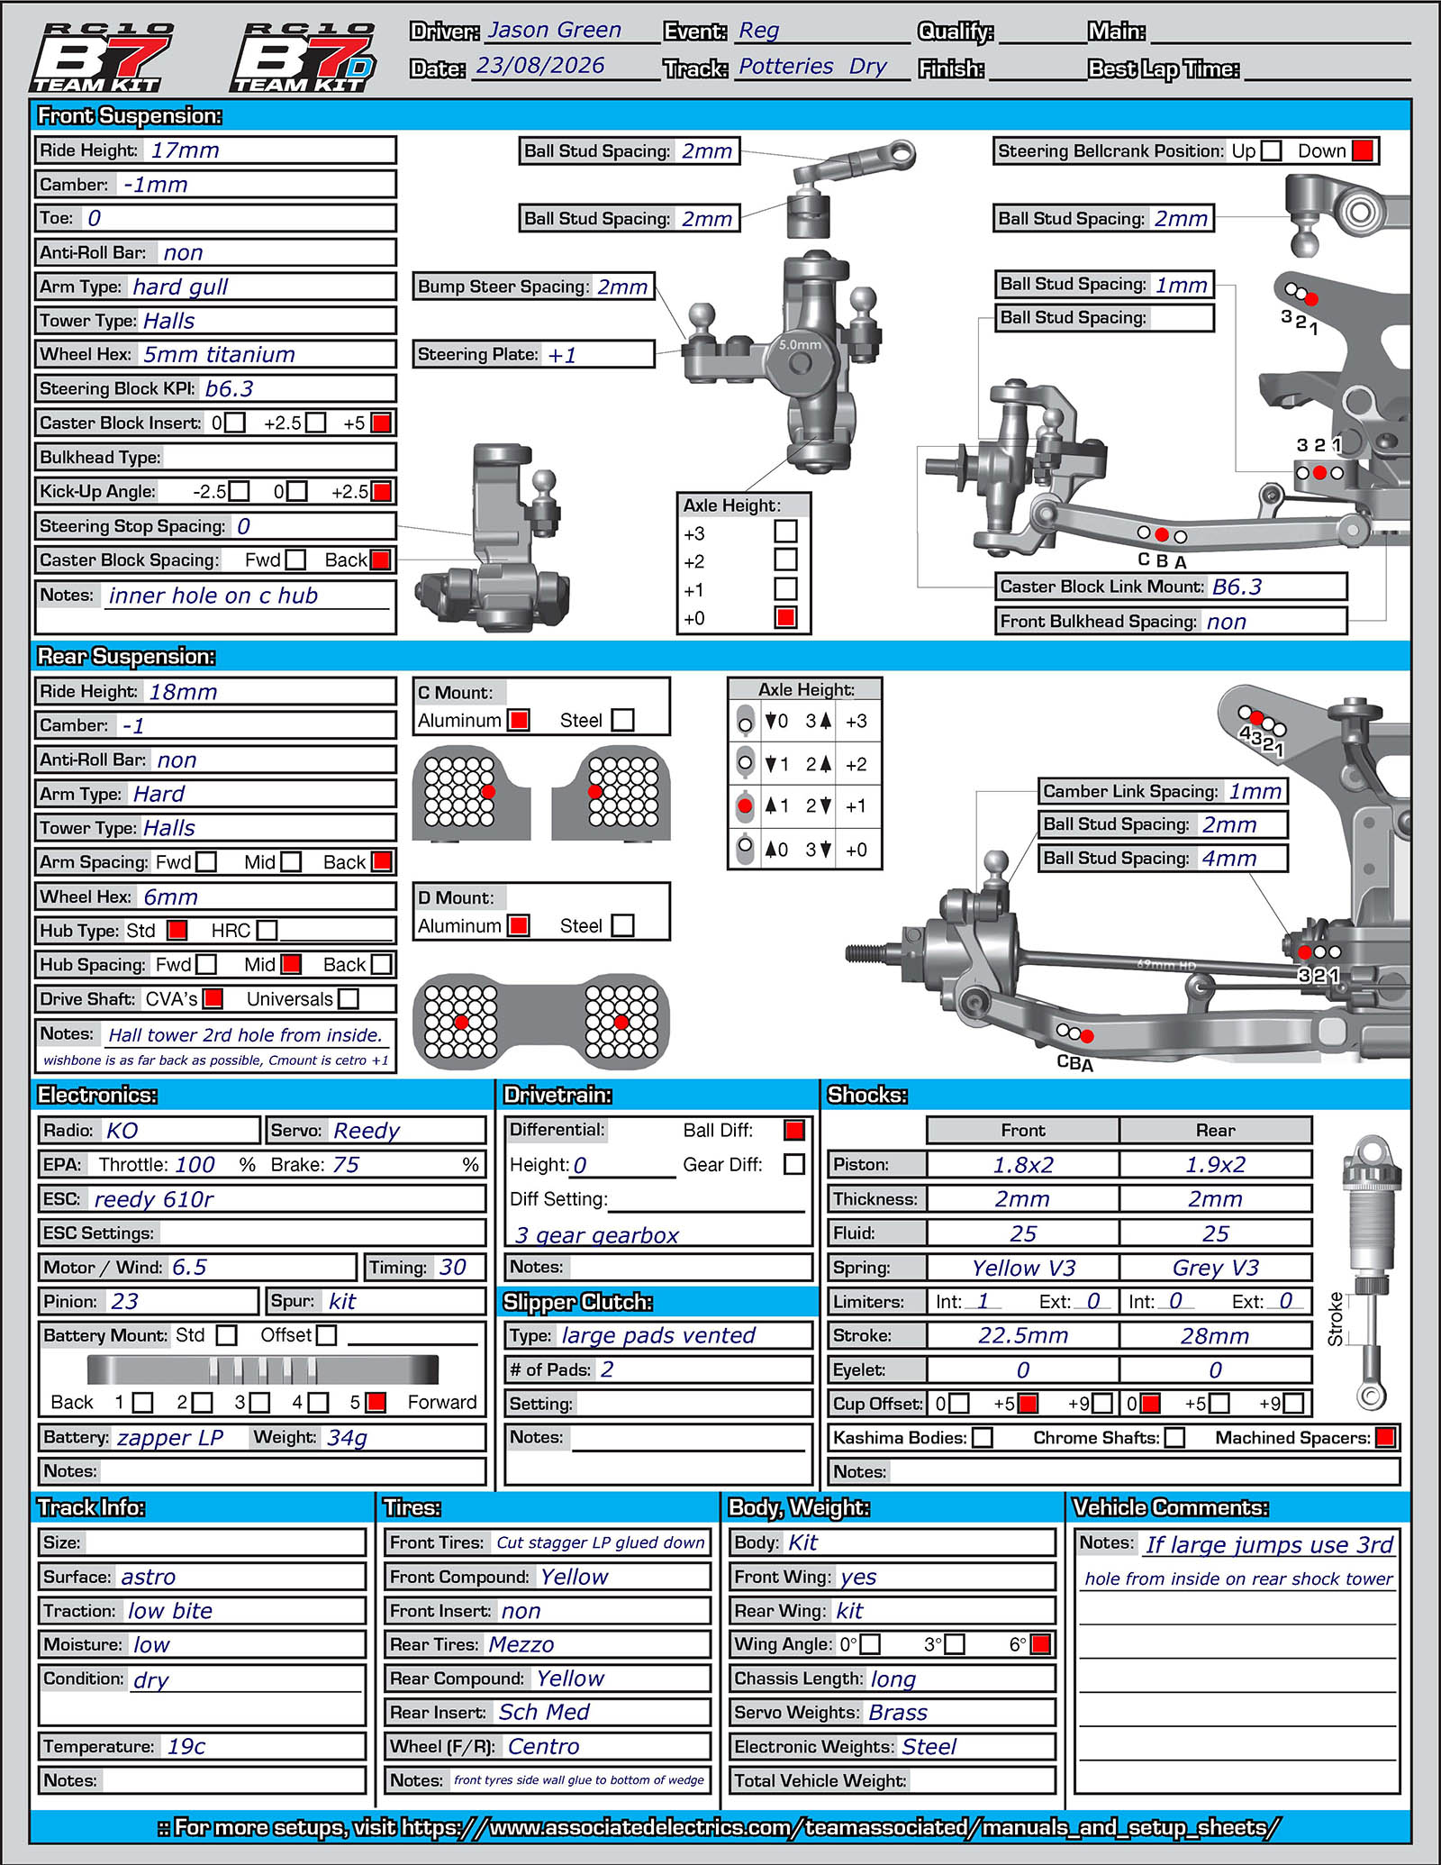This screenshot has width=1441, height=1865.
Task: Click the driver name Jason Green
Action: (554, 30)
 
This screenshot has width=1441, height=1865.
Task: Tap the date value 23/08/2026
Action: (539, 66)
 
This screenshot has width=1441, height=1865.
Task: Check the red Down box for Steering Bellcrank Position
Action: (1363, 150)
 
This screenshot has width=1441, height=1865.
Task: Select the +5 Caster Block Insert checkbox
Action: (381, 423)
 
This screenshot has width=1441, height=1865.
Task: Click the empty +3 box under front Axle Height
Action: (785, 532)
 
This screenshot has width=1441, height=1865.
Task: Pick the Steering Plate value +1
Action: (562, 355)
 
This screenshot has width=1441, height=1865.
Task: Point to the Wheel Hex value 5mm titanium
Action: (219, 355)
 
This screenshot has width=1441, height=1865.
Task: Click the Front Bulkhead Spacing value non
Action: (1227, 622)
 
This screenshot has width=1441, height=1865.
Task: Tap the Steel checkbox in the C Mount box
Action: (622, 720)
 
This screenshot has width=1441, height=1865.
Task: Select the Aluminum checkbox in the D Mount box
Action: (518, 925)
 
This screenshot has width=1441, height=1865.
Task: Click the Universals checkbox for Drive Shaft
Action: (349, 998)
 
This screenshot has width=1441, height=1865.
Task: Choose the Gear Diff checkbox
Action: (794, 1164)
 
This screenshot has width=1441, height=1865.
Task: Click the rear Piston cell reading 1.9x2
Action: (1215, 1164)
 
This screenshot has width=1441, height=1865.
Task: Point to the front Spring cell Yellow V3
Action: (1023, 1268)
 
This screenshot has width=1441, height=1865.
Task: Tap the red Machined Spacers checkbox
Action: (1386, 1437)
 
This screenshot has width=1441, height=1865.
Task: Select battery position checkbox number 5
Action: (376, 1402)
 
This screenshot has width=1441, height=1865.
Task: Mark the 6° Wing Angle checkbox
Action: (1040, 1644)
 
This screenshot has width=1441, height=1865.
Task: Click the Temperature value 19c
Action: (186, 1747)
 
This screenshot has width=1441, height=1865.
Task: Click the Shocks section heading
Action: (867, 1095)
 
